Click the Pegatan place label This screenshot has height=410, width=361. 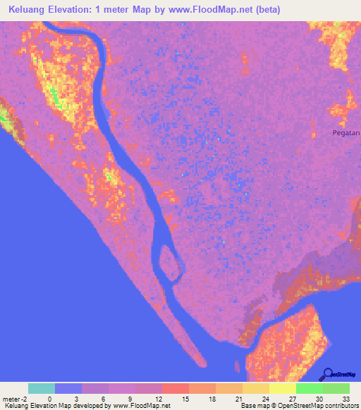[346, 132]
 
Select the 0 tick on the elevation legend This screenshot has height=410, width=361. [49, 399]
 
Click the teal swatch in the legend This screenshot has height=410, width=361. [42, 388]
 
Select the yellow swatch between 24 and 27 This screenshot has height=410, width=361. [282, 388]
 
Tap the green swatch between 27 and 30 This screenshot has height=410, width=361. [309, 388]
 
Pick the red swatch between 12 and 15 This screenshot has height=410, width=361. [175, 388]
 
